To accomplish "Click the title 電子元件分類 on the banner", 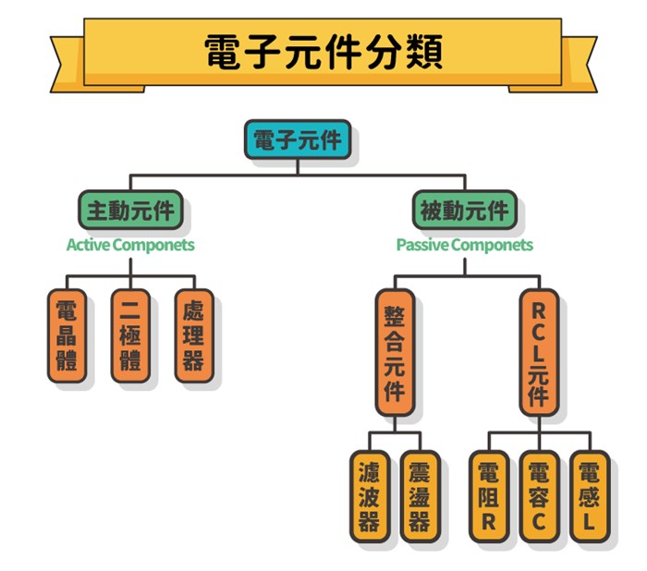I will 323,53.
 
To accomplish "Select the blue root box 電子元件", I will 298,141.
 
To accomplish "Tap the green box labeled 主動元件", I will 129,211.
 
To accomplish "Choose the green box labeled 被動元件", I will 464,211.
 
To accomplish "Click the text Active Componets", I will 130,245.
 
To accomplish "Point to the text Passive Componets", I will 464,245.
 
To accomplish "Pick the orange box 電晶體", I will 67,335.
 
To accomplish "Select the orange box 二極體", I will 130,335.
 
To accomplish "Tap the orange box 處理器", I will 193,335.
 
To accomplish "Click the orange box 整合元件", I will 395,352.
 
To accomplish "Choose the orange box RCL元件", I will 538,352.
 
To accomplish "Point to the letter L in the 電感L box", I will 589,524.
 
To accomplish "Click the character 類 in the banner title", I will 421,53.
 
